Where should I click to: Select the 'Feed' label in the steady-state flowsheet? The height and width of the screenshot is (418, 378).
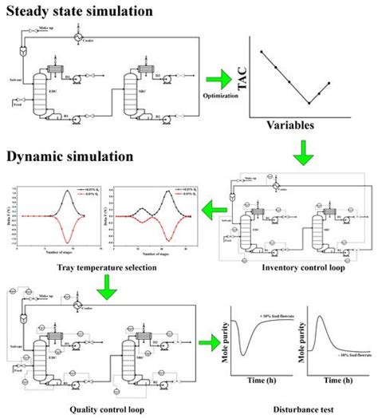13,103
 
